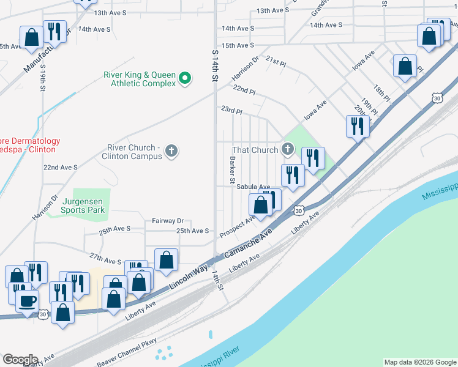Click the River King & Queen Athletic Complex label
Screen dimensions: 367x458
click(x=139, y=79)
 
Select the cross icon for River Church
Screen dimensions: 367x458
click(x=172, y=150)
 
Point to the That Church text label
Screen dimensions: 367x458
click(x=255, y=150)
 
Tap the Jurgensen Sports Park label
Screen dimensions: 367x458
click(x=83, y=206)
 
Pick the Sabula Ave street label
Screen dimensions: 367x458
click(x=253, y=187)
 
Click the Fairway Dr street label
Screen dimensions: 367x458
click(x=168, y=221)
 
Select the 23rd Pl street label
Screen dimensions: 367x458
click(x=231, y=111)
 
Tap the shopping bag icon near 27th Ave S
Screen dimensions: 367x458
click(x=166, y=260)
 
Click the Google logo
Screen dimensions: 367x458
click(x=20, y=360)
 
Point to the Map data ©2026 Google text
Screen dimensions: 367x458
click(x=419, y=362)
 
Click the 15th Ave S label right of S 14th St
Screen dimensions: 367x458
click(x=238, y=45)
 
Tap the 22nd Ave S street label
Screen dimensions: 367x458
click(x=60, y=167)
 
